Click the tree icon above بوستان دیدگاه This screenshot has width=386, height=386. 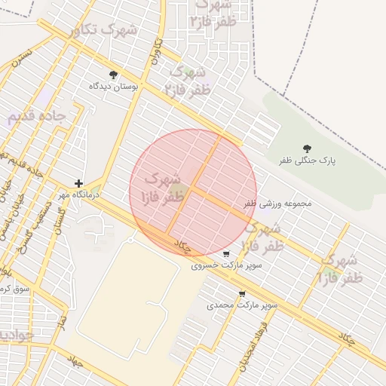[113, 75]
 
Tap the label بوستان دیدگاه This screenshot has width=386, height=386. [115, 87]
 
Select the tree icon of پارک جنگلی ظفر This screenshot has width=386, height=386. [306, 149]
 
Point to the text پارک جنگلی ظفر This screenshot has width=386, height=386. [307, 161]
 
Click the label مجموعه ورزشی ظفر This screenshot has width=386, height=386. [277, 204]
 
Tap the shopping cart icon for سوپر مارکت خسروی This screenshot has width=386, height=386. [226, 254]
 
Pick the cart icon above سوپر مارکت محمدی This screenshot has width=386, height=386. [241, 294]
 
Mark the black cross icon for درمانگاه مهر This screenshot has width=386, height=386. [78, 183]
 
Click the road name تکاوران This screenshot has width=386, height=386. [157, 51]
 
